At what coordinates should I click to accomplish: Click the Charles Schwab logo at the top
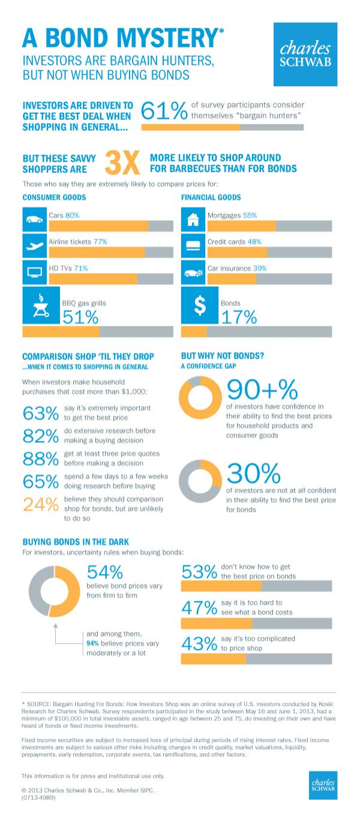click(x=305, y=54)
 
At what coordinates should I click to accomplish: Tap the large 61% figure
click(x=164, y=110)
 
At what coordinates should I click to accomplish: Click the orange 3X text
click(x=122, y=163)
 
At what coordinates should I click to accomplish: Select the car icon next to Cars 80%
click(x=34, y=220)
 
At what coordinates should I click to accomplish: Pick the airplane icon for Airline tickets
click(x=34, y=245)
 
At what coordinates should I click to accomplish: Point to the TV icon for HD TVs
click(x=34, y=272)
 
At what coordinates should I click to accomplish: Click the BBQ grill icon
click(x=41, y=305)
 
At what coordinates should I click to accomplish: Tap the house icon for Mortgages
click(x=193, y=220)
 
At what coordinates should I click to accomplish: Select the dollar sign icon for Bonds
click(x=200, y=305)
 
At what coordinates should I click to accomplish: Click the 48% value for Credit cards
click(x=254, y=242)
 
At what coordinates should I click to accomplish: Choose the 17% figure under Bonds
click(x=239, y=317)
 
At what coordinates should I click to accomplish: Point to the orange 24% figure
click(x=41, y=504)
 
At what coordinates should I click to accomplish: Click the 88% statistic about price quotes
click(x=41, y=459)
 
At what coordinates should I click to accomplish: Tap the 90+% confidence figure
click(x=262, y=389)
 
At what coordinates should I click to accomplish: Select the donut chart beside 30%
click(x=200, y=481)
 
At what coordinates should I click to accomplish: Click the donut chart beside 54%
click(x=54, y=591)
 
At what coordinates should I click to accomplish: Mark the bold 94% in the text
click(x=92, y=643)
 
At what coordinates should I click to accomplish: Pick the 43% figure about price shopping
click(x=199, y=644)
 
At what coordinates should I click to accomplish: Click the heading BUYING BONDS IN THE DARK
click(x=76, y=542)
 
